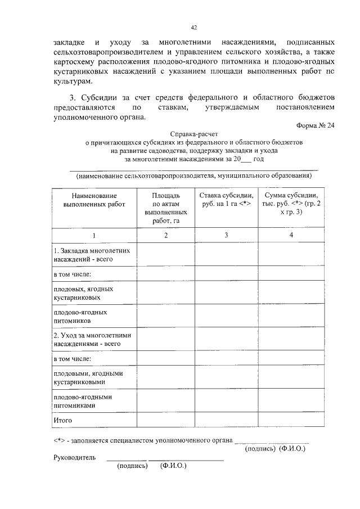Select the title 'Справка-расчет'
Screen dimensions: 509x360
pyautogui.click(x=193, y=136)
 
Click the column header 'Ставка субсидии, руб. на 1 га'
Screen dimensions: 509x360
pyautogui.click(x=225, y=199)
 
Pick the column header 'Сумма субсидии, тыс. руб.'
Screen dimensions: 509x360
pyautogui.click(x=291, y=203)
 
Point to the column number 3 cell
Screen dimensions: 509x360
pyautogui.click(x=225, y=235)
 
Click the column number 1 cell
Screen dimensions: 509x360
pyautogui.click(x=94, y=235)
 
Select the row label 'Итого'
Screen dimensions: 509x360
pyautogui.click(x=63, y=420)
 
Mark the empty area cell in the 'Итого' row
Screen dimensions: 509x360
pyautogui.click(x=166, y=420)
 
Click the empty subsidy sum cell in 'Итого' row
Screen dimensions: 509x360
pyautogui.click(x=291, y=420)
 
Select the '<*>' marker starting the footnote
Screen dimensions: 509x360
pyautogui.click(x=60, y=440)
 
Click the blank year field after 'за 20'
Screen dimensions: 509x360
pyautogui.click(x=246, y=159)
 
